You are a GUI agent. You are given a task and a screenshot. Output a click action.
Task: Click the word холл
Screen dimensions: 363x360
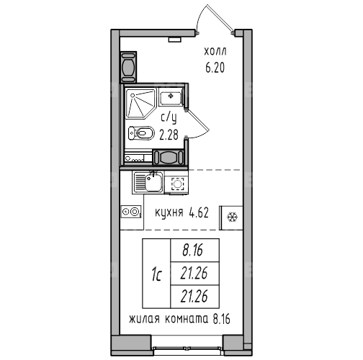(x=215, y=52)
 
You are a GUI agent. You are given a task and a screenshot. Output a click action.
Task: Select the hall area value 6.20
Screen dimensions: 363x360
(x=215, y=68)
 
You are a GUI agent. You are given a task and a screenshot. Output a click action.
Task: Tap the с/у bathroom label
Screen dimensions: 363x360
(x=169, y=118)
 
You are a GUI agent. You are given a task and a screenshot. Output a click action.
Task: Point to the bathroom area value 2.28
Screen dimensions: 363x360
(x=169, y=135)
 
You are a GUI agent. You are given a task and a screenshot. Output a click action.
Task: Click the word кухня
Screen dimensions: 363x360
(x=169, y=212)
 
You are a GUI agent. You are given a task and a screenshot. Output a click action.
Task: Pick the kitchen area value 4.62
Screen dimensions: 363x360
(x=199, y=212)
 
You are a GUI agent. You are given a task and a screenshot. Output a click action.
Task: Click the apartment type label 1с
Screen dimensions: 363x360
(x=156, y=274)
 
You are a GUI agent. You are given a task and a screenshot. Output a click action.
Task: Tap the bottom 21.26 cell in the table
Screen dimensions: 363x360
(x=194, y=297)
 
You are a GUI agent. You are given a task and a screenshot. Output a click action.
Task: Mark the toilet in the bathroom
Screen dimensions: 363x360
(x=141, y=133)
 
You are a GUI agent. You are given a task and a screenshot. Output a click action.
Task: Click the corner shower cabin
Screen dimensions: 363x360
(x=141, y=104)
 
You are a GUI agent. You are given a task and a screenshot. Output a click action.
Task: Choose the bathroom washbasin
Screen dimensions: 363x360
(x=171, y=96)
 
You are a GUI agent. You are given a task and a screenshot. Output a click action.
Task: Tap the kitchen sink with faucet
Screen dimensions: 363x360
(x=148, y=181)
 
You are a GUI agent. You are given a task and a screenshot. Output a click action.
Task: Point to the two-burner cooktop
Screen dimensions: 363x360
(x=131, y=212)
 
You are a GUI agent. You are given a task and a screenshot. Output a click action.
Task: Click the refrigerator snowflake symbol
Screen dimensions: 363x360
(x=232, y=217)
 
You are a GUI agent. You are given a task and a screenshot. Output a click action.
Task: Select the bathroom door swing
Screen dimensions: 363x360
(x=197, y=124)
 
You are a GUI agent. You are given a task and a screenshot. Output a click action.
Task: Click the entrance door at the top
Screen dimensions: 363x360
(x=215, y=19)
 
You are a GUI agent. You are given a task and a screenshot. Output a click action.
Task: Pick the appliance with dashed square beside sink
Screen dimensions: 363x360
(x=177, y=184)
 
